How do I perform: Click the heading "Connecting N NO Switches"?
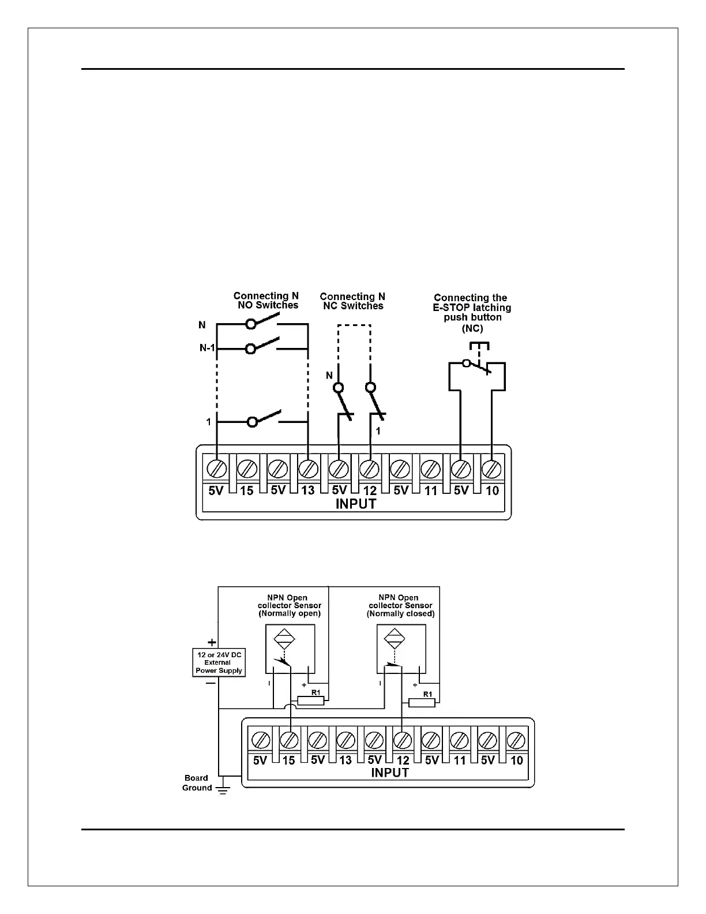point(266,301)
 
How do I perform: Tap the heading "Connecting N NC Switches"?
point(352,301)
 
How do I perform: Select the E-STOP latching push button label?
point(472,313)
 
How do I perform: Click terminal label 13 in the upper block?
point(308,491)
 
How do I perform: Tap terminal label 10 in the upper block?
point(492,491)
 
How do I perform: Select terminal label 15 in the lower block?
point(288,761)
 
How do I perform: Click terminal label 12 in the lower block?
point(403,761)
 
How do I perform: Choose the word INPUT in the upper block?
point(356,504)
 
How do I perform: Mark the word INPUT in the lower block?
point(390,773)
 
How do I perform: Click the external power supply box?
point(219,662)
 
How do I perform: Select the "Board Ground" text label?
point(197,783)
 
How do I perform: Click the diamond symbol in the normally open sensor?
point(283,640)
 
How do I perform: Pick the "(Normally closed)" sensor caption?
point(400,614)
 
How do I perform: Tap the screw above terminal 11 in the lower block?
point(459,740)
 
